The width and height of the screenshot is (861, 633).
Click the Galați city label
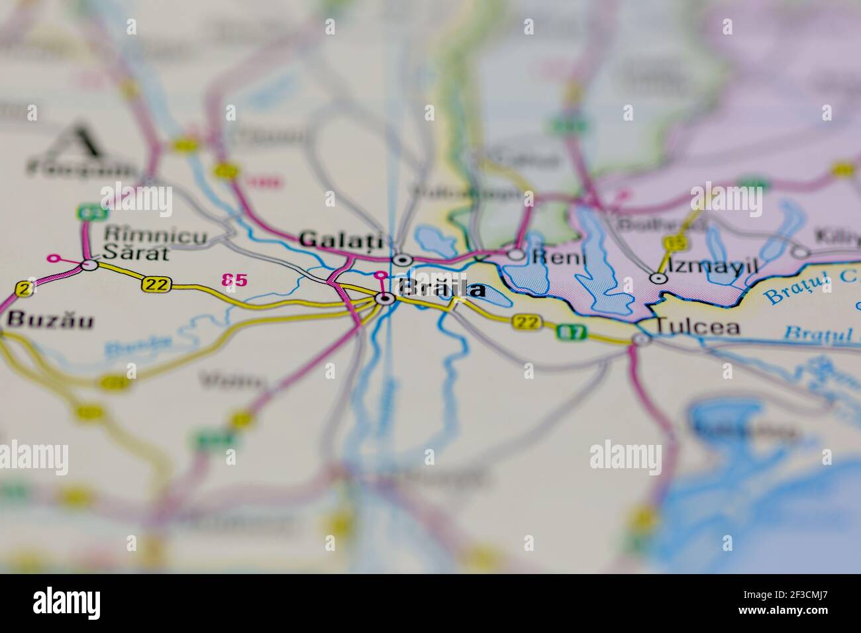coord(341,239)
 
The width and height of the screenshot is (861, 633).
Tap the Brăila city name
coord(440,289)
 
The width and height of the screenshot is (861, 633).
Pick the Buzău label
coord(50,320)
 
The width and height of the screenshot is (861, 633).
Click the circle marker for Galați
coord(402,259)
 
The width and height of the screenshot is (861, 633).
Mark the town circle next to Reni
coord(517,254)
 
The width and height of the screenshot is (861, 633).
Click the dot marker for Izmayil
coord(658,279)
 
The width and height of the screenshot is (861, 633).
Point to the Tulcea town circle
coord(641,340)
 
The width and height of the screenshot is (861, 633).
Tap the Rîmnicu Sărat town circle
coord(89,265)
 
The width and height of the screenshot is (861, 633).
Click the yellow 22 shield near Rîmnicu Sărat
coord(156,285)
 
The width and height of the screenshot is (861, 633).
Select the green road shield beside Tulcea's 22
coord(570,332)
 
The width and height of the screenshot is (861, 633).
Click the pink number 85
coord(234,280)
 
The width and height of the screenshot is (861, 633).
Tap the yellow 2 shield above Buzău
coord(25,289)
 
